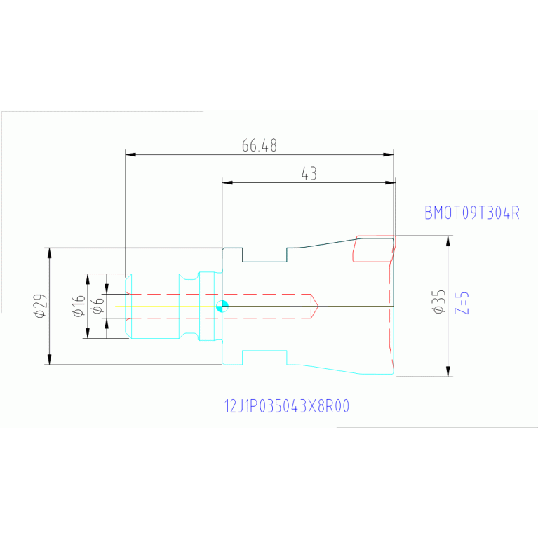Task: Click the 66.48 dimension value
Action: coord(259,146)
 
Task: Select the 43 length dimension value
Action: coord(309,175)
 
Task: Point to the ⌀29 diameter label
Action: coord(40,306)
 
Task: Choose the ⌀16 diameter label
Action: coord(79,306)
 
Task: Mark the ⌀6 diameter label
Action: coord(97,306)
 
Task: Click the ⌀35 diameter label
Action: coord(438,301)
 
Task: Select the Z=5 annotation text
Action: coord(462,302)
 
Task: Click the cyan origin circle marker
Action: coord(222,307)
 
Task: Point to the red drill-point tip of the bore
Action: coord(316,306)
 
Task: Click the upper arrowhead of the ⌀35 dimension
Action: coord(448,240)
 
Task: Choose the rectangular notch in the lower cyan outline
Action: coord(264,358)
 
